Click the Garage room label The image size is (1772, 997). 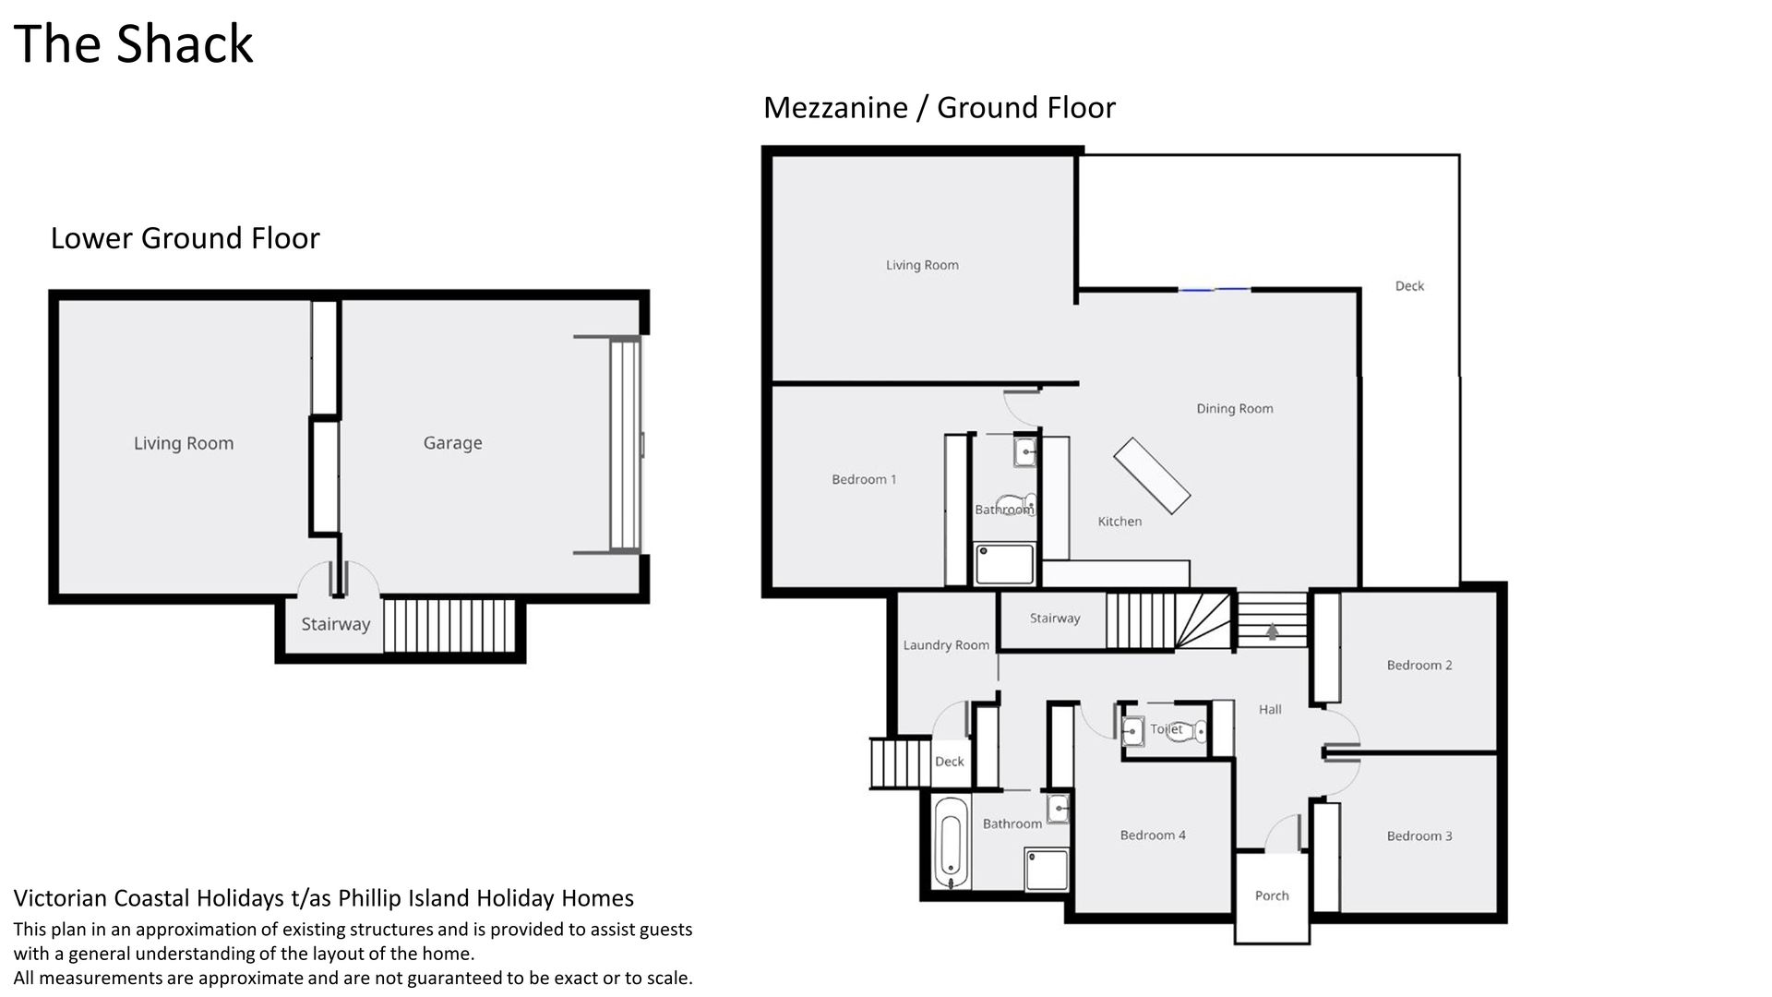(x=452, y=443)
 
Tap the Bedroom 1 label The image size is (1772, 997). (x=864, y=479)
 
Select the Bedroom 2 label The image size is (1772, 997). (x=1419, y=665)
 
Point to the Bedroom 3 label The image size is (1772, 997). (x=1419, y=835)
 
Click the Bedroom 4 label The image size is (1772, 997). (x=1153, y=835)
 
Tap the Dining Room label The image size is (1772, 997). (x=1235, y=408)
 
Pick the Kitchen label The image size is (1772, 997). (x=1119, y=522)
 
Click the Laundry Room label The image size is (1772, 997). (x=946, y=645)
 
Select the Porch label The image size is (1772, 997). (x=1272, y=895)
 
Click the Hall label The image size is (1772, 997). (x=1270, y=709)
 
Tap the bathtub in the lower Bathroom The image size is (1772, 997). (x=951, y=842)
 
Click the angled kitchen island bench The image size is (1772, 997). (x=1152, y=474)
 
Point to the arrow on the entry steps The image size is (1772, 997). (x=1273, y=631)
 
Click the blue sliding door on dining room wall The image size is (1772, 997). (x=1214, y=290)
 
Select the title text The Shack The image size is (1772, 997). (x=134, y=43)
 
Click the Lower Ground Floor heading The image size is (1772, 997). (x=185, y=238)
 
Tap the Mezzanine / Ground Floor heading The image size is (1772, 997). (x=940, y=108)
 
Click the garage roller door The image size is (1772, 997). (x=625, y=445)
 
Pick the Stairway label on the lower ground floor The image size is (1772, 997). (x=335, y=624)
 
